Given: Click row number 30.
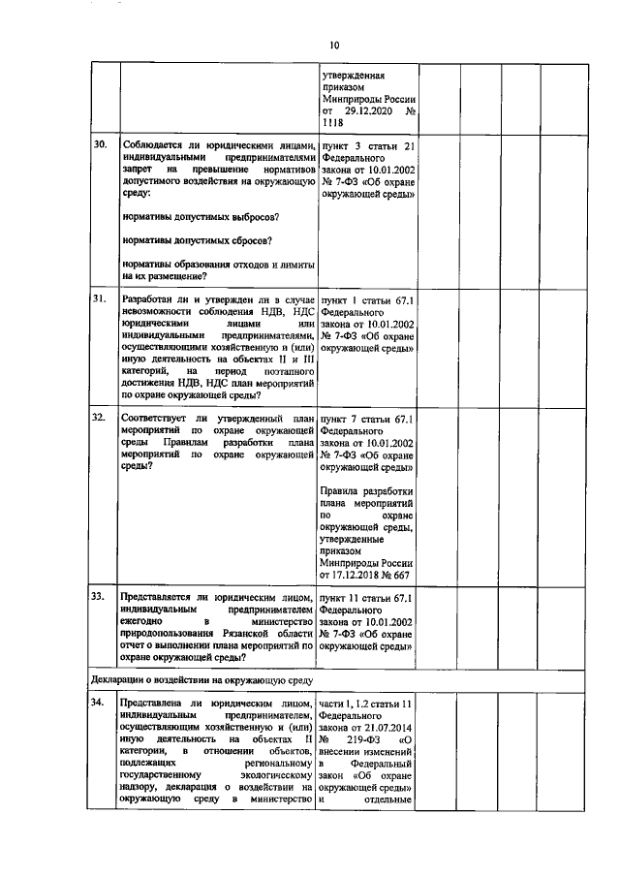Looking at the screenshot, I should coord(99,145).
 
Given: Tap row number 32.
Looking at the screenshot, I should coord(99,417).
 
